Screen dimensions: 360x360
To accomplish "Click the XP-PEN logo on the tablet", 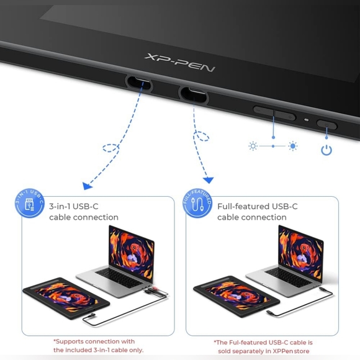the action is pyautogui.click(x=180, y=63).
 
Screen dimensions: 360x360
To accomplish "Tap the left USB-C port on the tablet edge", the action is pyautogui.click(x=139, y=83).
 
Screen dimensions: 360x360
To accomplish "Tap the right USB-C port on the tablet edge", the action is pyautogui.click(x=193, y=94).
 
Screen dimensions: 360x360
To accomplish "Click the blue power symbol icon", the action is pyautogui.click(x=326, y=150).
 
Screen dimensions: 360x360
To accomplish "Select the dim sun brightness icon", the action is pyautogui.click(x=253, y=146).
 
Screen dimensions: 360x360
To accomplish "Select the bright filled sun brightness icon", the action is pyautogui.click(x=293, y=146).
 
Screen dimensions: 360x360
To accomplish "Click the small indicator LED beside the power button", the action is pyautogui.click(x=306, y=120).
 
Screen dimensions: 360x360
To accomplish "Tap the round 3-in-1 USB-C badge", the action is pyautogui.click(x=30, y=203).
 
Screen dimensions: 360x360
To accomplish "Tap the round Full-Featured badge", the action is pyautogui.click(x=197, y=203).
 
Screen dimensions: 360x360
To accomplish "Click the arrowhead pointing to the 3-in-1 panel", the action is pyautogui.click(x=87, y=186).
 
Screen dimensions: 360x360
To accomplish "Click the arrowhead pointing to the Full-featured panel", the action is pyautogui.click(x=209, y=180).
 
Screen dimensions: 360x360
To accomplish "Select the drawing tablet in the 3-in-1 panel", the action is pyautogui.click(x=66, y=298).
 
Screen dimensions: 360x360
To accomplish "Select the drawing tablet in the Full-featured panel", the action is pyautogui.click(x=236, y=297).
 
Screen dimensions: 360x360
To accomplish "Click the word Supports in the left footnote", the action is pyautogui.click(x=70, y=341).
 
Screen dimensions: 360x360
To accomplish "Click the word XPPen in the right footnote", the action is pyautogui.click(x=284, y=351).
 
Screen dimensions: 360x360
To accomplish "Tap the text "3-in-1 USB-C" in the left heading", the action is pyautogui.click(x=74, y=207).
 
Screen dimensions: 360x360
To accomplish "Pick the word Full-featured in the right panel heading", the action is pyautogui.click(x=243, y=207).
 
